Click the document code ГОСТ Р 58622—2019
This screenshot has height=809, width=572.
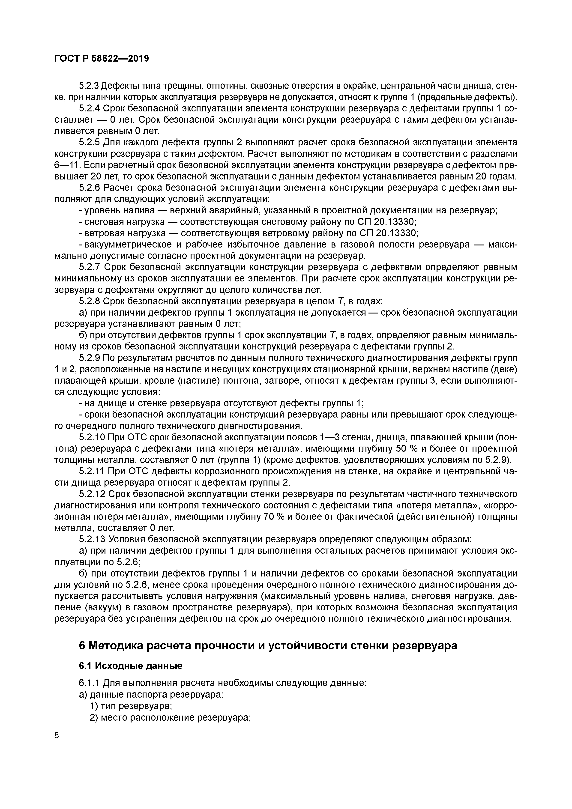point(102,59)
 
